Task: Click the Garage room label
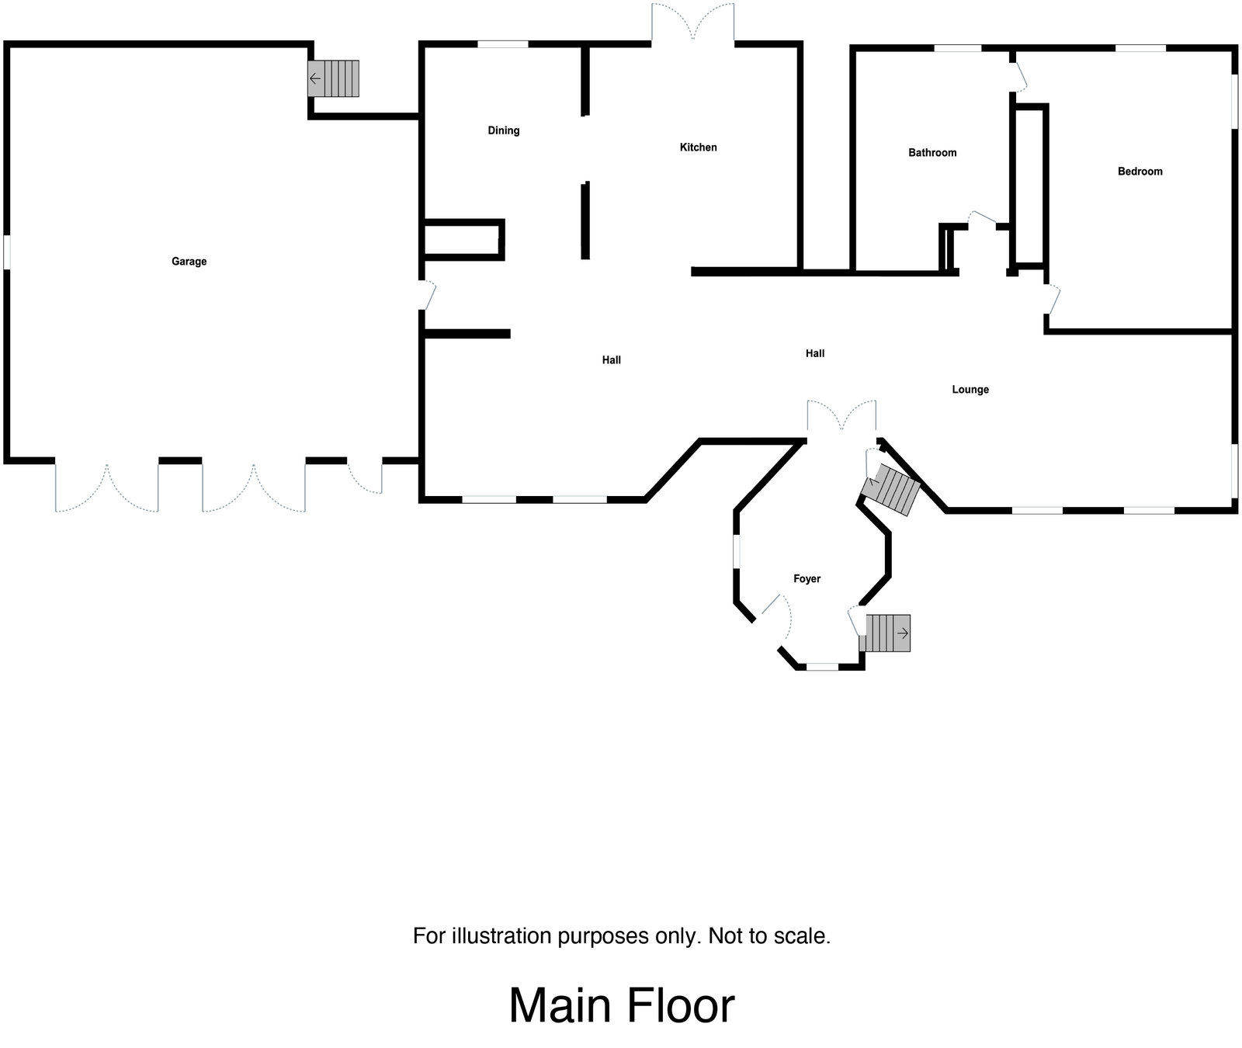[x=189, y=262]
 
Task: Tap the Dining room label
[x=503, y=130]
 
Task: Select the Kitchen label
[x=698, y=147]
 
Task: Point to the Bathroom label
[x=932, y=153]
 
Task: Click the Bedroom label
[x=1140, y=172]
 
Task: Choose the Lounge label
[x=970, y=390]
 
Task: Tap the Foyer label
[x=807, y=579]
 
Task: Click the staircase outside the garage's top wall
[x=334, y=78]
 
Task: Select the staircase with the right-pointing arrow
[x=886, y=633]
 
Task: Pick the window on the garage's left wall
[x=6, y=252]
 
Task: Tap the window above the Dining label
[x=502, y=45]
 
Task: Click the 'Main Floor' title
[x=621, y=1006]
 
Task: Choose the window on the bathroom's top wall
[x=956, y=49]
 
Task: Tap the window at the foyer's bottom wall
[x=822, y=666]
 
